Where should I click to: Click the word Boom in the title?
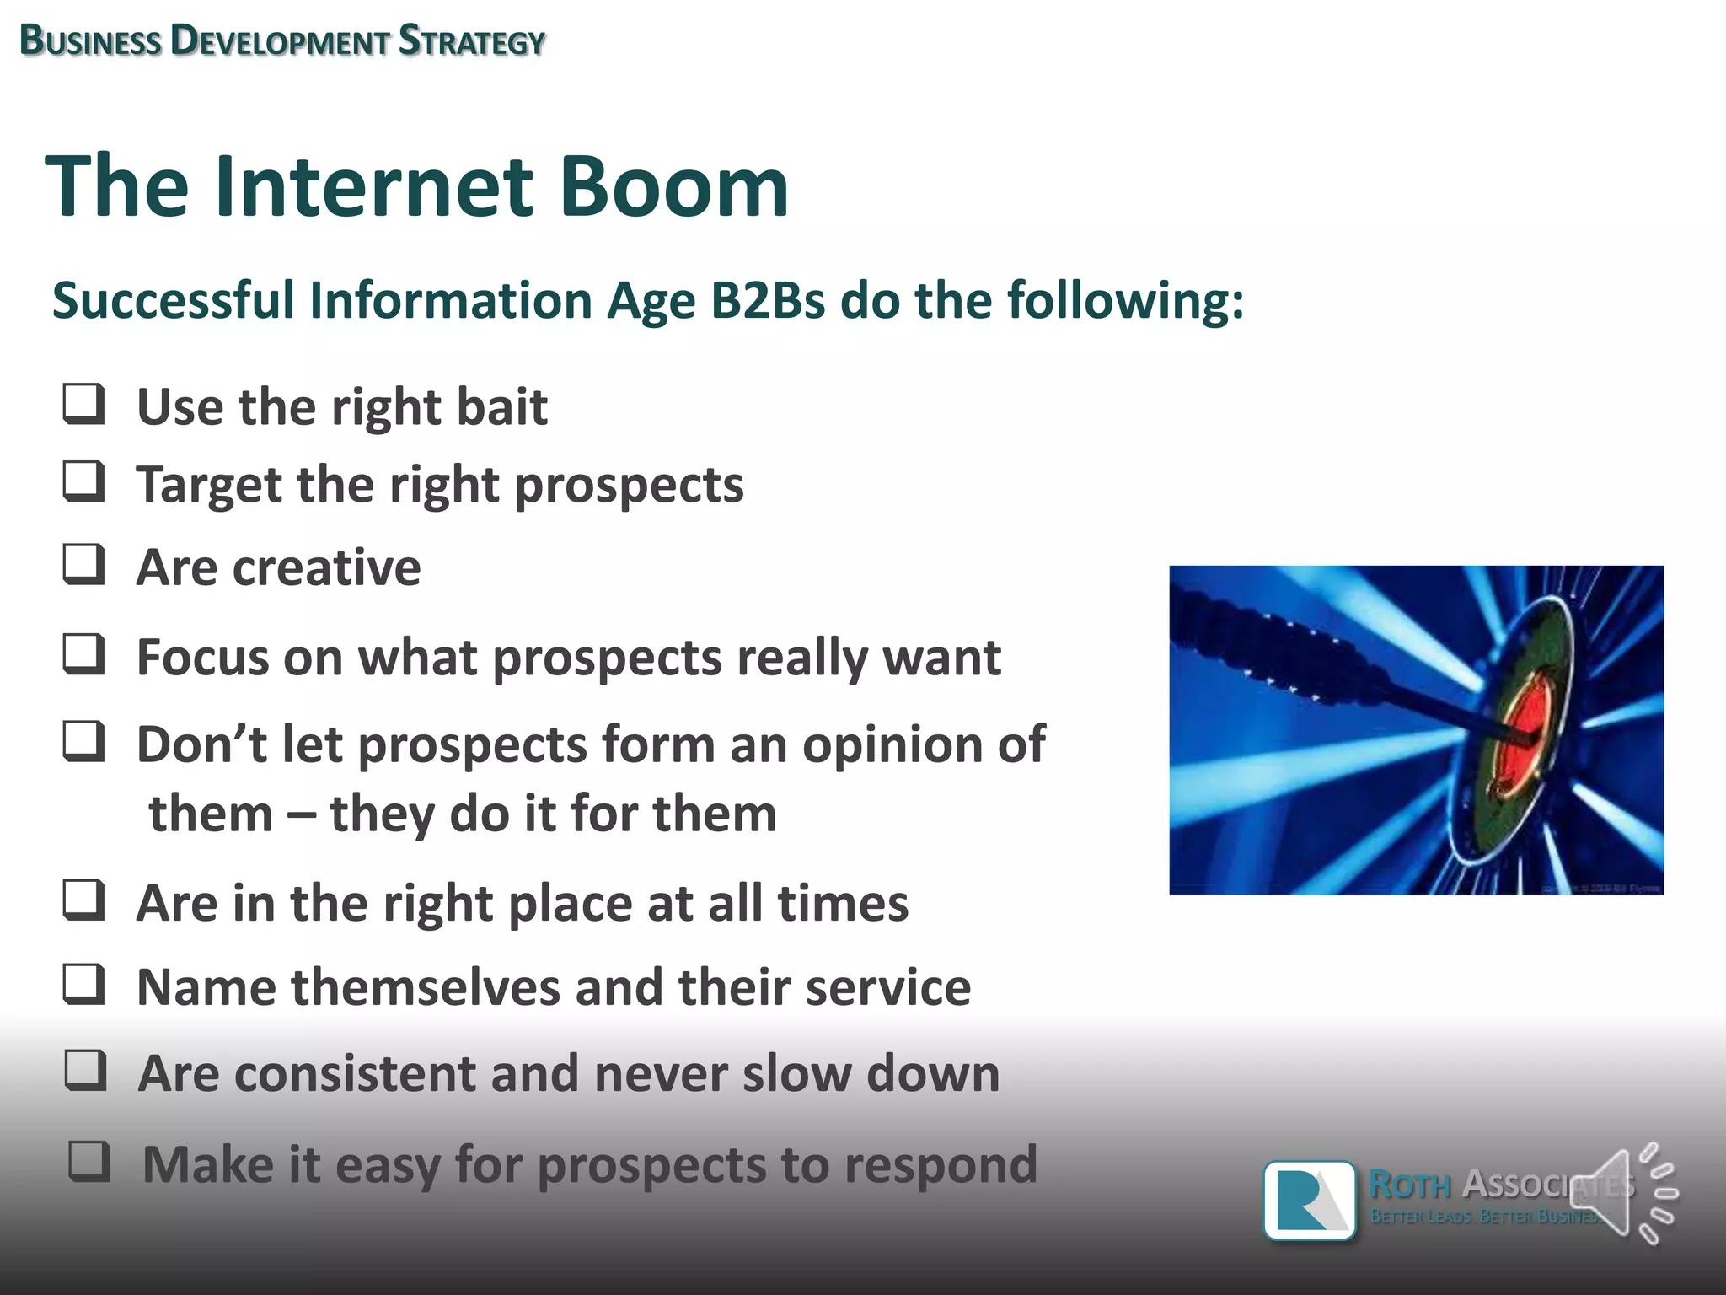674,187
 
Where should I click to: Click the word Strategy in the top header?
472,41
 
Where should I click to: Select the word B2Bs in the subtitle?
767,300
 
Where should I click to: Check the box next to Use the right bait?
84,404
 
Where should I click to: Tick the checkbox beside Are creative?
84,564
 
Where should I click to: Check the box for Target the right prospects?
84,481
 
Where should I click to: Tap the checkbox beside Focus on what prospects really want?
84,655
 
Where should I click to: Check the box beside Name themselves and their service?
84,985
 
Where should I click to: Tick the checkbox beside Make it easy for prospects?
89,1161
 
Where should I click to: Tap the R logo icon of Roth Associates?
1309,1201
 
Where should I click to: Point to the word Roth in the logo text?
1409,1185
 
